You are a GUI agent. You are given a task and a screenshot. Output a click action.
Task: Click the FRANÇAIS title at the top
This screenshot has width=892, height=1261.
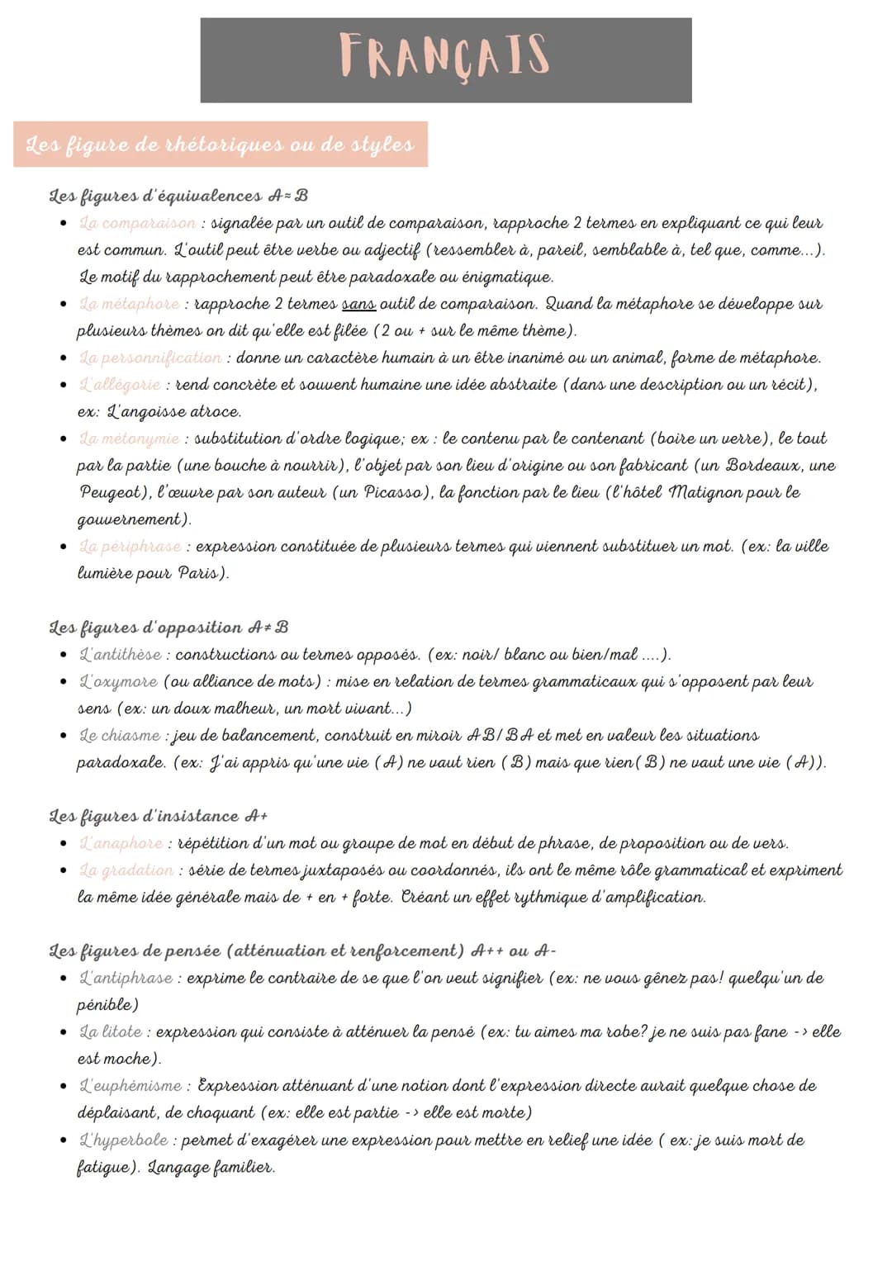point(445,56)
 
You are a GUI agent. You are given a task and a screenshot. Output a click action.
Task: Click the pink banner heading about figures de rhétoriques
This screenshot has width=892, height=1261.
point(220,145)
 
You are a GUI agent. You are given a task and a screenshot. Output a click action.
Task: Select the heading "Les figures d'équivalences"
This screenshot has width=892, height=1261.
point(156,196)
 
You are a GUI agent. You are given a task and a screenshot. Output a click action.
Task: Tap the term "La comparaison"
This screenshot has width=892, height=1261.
point(137,223)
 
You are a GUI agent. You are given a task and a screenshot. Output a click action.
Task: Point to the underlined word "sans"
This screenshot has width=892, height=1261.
point(358,304)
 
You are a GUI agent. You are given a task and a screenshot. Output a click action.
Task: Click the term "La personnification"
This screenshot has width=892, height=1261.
point(149,358)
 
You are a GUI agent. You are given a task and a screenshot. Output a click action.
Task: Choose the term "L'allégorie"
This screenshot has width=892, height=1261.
point(120,385)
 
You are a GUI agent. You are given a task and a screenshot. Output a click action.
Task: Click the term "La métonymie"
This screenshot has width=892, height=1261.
point(129,439)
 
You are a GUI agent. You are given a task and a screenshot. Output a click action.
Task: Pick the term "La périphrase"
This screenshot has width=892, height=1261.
point(130,547)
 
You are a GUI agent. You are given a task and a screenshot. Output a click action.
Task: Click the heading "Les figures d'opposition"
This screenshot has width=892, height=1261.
point(146,628)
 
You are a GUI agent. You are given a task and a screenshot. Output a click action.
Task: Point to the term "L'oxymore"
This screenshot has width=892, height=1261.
point(118,682)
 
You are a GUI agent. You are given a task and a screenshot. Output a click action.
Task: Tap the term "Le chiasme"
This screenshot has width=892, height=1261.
point(119,736)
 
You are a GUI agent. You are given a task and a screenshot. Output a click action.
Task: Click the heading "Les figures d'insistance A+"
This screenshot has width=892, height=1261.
point(158,816)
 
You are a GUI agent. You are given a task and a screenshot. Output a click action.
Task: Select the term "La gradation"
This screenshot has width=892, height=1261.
point(126,870)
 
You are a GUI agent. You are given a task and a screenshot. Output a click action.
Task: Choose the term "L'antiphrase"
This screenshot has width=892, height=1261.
point(126,978)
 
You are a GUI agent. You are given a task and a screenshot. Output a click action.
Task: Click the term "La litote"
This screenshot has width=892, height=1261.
point(111,1032)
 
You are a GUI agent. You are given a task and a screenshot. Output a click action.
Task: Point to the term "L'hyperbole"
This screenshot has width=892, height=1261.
point(123,1140)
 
